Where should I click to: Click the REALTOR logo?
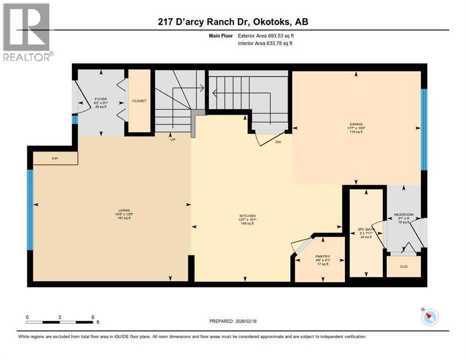click(27, 32)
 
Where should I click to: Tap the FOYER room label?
click(101, 99)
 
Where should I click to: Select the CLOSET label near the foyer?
click(139, 101)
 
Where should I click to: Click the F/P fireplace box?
click(55, 159)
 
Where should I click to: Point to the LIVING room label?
click(111, 210)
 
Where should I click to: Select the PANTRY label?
click(323, 256)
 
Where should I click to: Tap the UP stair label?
click(172, 139)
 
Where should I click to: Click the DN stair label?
click(278, 141)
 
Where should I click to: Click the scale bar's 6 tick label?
click(93, 317)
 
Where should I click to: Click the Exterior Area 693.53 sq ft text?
click(266, 36)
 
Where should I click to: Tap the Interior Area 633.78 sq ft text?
click(266, 44)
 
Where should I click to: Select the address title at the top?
click(233, 22)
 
